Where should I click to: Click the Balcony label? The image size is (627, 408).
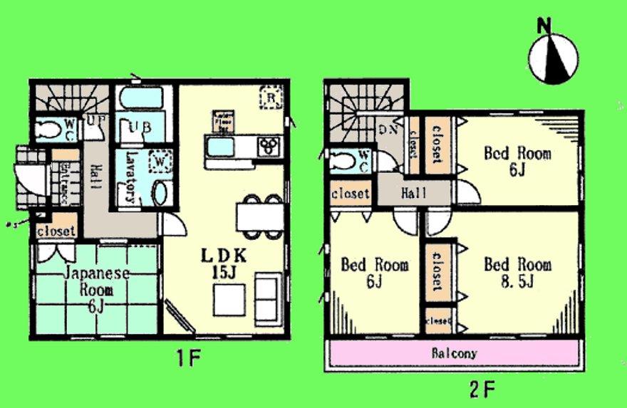pyautogui.click(x=454, y=353)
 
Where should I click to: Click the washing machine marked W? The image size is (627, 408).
pyautogui.click(x=160, y=163)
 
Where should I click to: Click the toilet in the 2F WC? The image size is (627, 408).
pyautogui.click(x=341, y=160)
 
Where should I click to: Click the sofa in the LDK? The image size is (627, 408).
pyautogui.click(x=267, y=297)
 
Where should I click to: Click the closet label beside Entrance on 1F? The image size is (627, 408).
pyautogui.click(x=56, y=231)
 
